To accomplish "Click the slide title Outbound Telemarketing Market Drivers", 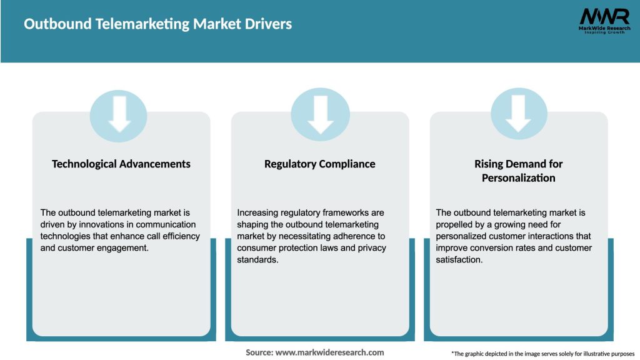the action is (x=157, y=24).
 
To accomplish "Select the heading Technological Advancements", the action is (x=121, y=164).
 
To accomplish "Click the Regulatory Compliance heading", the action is (x=320, y=164).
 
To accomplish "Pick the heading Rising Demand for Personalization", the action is (x=518, y=171).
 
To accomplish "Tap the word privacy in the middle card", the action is (x=371, y=248).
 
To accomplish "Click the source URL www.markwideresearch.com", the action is (x=329, y=352).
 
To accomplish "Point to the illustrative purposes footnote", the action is (x=542, y=354).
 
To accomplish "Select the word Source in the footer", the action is (x=259, y=352).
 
